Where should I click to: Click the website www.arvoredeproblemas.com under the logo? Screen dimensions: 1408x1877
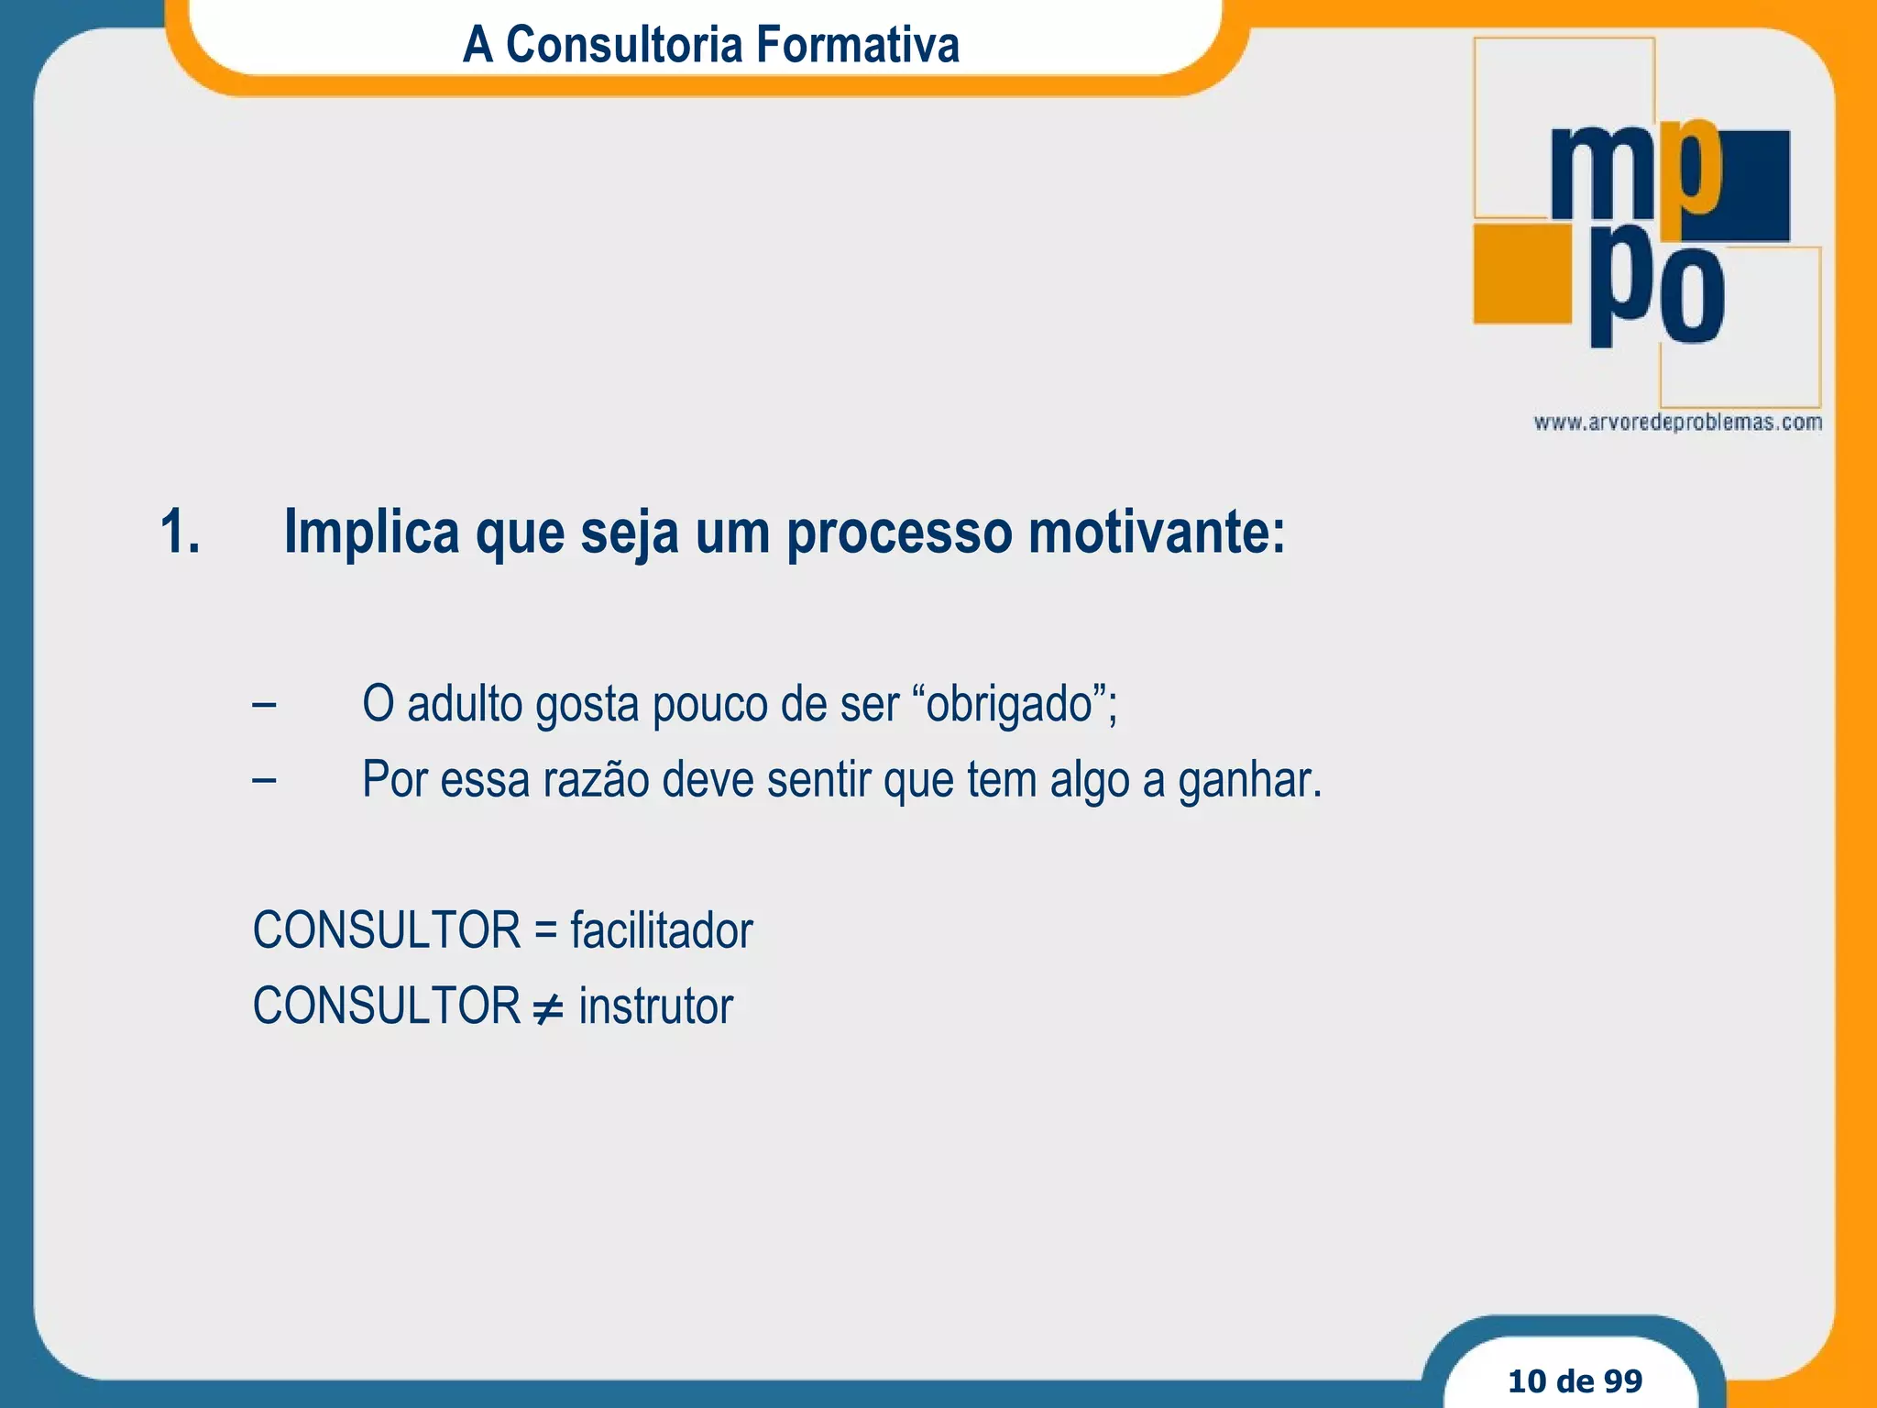(1677, 423)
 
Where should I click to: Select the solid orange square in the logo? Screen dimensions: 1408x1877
(1522, 273)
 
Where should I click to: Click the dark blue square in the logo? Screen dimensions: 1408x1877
(1756, 186)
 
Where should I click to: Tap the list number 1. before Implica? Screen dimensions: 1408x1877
(180, 532)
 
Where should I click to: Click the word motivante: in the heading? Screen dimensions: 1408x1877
(1157, 532)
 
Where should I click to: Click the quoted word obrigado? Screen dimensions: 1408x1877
(1009, 704)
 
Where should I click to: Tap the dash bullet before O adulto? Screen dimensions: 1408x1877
(264, 705)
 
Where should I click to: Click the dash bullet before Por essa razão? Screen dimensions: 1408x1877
(264, 780)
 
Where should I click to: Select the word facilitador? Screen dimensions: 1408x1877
(661, 930)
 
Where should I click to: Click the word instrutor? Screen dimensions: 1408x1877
(656, 1006)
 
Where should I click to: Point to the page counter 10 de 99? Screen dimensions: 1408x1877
(1575, 1380)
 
